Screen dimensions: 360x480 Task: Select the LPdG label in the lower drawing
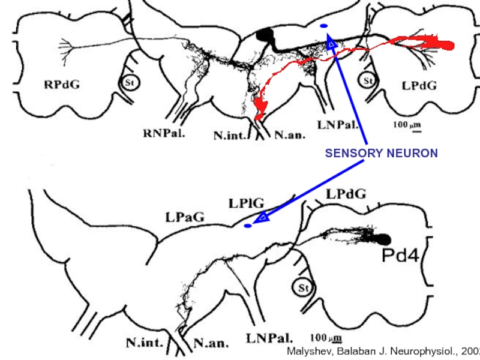point(346,194)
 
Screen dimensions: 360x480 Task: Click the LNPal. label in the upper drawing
point(338,125)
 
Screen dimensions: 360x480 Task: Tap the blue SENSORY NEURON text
point(381,154)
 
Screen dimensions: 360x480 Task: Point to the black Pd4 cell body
point(382,239)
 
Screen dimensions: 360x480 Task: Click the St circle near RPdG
point(127,83)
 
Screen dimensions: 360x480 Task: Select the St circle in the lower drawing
point(304,289)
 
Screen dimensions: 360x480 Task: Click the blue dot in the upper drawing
point(324,26)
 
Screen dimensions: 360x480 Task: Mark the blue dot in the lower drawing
point(248,226)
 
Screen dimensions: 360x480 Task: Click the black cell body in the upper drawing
point(264,35)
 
